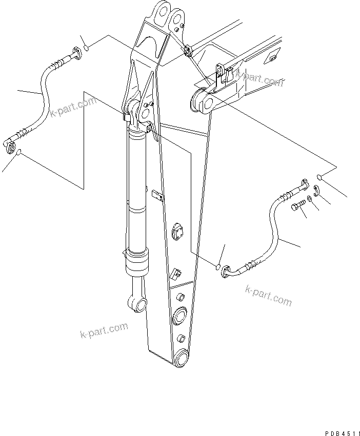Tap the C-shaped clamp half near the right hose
click(x=316, y=191)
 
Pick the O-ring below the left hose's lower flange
click(x=19, y=153)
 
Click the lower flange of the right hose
click(x=226, y=275)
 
